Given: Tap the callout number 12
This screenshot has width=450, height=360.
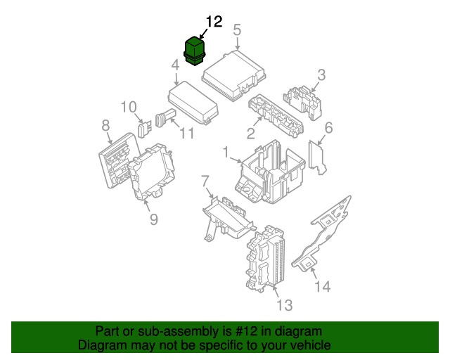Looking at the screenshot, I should tap(214, 22).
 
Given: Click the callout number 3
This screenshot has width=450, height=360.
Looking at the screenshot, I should tap(321, 75).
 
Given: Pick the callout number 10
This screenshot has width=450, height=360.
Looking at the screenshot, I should tap(129, 107).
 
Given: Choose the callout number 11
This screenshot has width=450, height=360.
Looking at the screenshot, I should tap(186, 132).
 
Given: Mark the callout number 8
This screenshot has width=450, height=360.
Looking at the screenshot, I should tap(106, 126).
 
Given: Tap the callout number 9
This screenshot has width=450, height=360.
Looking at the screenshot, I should tap(153, 219).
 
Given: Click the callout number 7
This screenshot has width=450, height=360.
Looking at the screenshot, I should tap(205, 182).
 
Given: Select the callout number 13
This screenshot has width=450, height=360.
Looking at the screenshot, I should tap(284, 304).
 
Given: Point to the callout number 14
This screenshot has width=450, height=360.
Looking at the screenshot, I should tap(321, 286).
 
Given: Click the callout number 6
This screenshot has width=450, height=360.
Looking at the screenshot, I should tap(328, 127).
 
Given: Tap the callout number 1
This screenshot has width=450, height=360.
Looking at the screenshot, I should tap(226, 151).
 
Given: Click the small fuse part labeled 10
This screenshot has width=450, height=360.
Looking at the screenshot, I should tap(144, 129).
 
